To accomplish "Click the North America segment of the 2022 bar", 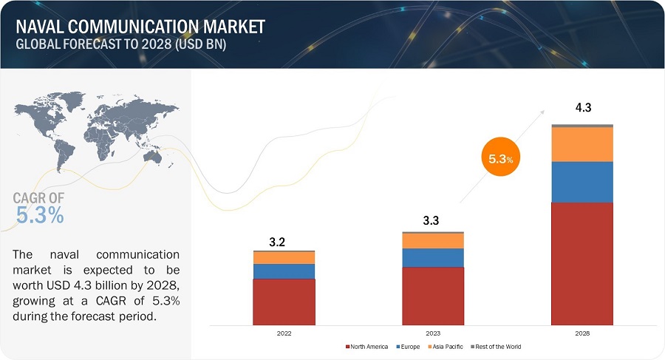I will (284, 302).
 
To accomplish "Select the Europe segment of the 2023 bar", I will (433, 257).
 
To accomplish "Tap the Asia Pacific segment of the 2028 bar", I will (582, 144).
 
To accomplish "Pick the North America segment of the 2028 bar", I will (582, 263).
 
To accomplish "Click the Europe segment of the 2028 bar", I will (582, 182).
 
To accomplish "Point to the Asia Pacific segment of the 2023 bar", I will (433, 241).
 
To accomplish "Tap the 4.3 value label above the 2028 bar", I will (583, 108).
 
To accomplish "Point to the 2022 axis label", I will (284, 333).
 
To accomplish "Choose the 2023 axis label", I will (433, 333).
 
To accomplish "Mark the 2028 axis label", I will (582, 333).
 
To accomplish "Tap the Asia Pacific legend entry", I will (446, 347).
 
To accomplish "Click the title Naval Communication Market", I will (140, 27).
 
